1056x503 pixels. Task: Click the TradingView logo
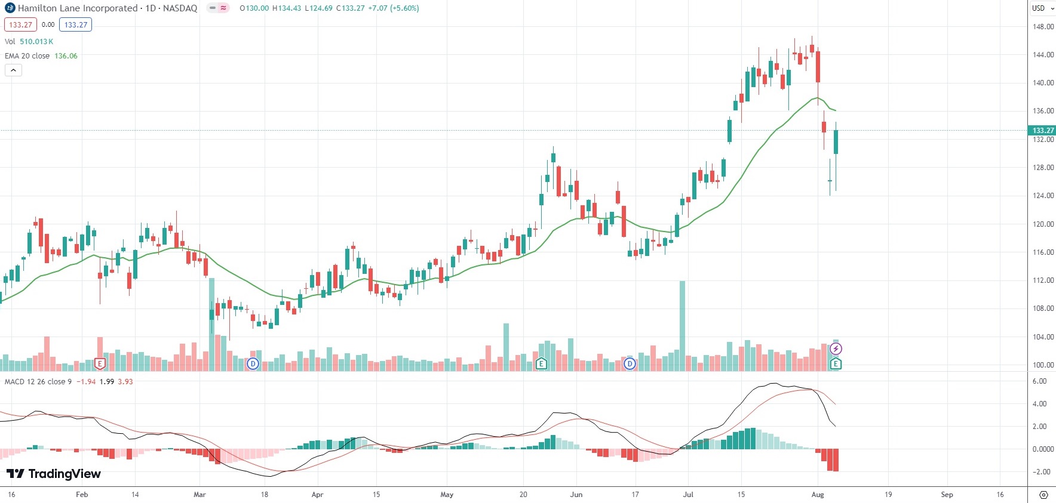click(54, 474)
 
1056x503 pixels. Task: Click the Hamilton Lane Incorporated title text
click(78, 8)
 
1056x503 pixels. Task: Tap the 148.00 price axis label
click(1043, 26)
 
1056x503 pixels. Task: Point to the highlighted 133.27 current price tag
click(1043, 130)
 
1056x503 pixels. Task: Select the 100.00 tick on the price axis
click(1043, 365)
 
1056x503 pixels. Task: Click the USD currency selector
click(1042, 8)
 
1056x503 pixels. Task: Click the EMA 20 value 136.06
click(66, 56)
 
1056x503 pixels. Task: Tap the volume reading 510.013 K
click(36, 42)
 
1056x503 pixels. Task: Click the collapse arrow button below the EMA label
click(13, 70)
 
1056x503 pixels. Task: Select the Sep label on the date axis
click(947, 495)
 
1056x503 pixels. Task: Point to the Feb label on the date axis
click(82, 495)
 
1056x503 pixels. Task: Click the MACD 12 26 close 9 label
click(38, 382)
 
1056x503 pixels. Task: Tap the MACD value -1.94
click(86, 382)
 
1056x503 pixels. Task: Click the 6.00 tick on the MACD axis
click(1039, 381)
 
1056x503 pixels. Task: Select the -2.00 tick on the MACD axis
click(1041, 471)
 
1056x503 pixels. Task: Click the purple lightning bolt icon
click(836, 349)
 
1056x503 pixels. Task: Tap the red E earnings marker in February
click(100, 363)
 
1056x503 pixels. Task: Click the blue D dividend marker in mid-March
click(253, 363)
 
